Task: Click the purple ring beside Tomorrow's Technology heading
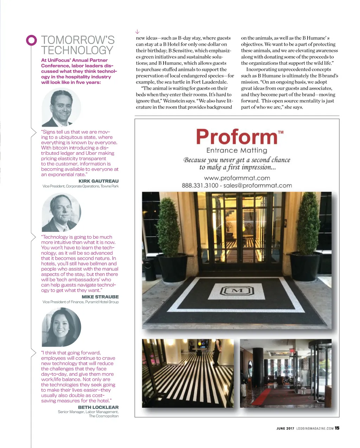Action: coord(31,40)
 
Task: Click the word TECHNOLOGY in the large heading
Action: coord(77,50)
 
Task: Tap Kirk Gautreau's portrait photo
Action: coord(61,107)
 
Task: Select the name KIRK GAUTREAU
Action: coord(98,181)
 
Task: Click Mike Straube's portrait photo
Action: coord(61,212)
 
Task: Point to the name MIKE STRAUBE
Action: coord(100,297)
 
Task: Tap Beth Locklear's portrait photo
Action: coord(61,327)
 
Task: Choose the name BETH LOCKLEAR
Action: coord(98,407)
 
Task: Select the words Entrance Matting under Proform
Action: coord(237,151)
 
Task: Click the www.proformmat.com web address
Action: coord(237,178)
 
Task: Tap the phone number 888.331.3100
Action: coord(200,185)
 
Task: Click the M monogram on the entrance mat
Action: coord(237,290)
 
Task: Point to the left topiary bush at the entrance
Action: coord(168,227)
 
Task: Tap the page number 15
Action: coord(337,428)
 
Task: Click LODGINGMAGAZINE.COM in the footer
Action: coord(315,429)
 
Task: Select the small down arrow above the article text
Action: coord(137,32)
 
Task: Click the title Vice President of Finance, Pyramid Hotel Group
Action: coord(81,302)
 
